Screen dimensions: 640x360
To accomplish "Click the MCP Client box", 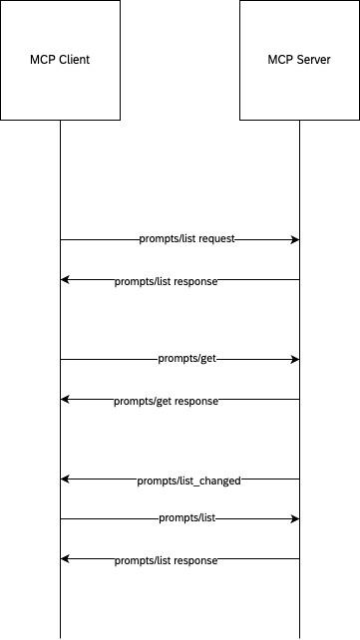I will click(60, 60).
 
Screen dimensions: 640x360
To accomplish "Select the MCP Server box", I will click(299, 60).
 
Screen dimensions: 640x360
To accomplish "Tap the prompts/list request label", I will click(186, 240).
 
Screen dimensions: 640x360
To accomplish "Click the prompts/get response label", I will click(166, 401).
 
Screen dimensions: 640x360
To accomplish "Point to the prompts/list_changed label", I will click(188, 480).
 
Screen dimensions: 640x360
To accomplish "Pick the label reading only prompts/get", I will click(186, 360).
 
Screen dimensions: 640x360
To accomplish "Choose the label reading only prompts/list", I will click(186, 519).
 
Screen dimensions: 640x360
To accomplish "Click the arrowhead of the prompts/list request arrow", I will click(295, 240).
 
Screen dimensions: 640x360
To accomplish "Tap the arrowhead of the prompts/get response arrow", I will click(65, 400).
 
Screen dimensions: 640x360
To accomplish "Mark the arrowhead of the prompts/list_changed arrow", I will click(65, 480).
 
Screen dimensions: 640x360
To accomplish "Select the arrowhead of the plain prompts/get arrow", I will click(295, 359).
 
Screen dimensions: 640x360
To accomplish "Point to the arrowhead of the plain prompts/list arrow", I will click(295, 518).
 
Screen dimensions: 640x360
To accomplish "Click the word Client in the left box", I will click(73, 60).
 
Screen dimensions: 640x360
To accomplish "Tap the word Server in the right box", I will click(313, 60).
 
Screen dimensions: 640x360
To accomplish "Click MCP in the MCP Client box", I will click(43, 60).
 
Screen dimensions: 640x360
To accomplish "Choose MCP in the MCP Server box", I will click(281, 60).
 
